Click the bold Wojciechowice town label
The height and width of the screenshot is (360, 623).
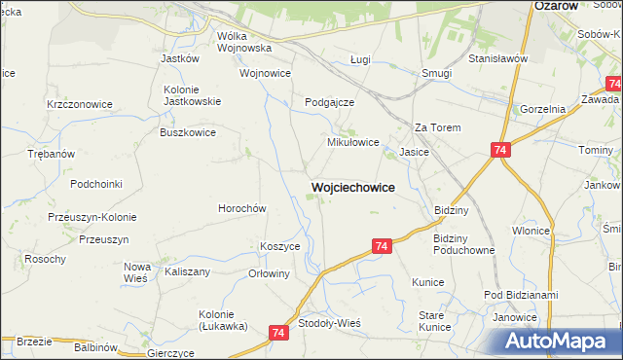352,187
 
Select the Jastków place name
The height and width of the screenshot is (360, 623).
179,58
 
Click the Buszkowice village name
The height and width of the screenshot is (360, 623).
189,132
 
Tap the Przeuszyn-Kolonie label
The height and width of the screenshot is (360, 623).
92,217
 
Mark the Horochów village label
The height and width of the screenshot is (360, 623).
241,208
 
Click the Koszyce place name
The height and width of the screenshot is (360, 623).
279,246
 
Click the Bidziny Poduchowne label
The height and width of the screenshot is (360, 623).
464,244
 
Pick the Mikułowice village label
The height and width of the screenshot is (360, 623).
351,142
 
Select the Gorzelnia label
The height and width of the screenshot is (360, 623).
543,110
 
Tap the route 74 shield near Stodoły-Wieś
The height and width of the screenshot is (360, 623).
280,333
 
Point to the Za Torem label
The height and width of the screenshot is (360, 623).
436,127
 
